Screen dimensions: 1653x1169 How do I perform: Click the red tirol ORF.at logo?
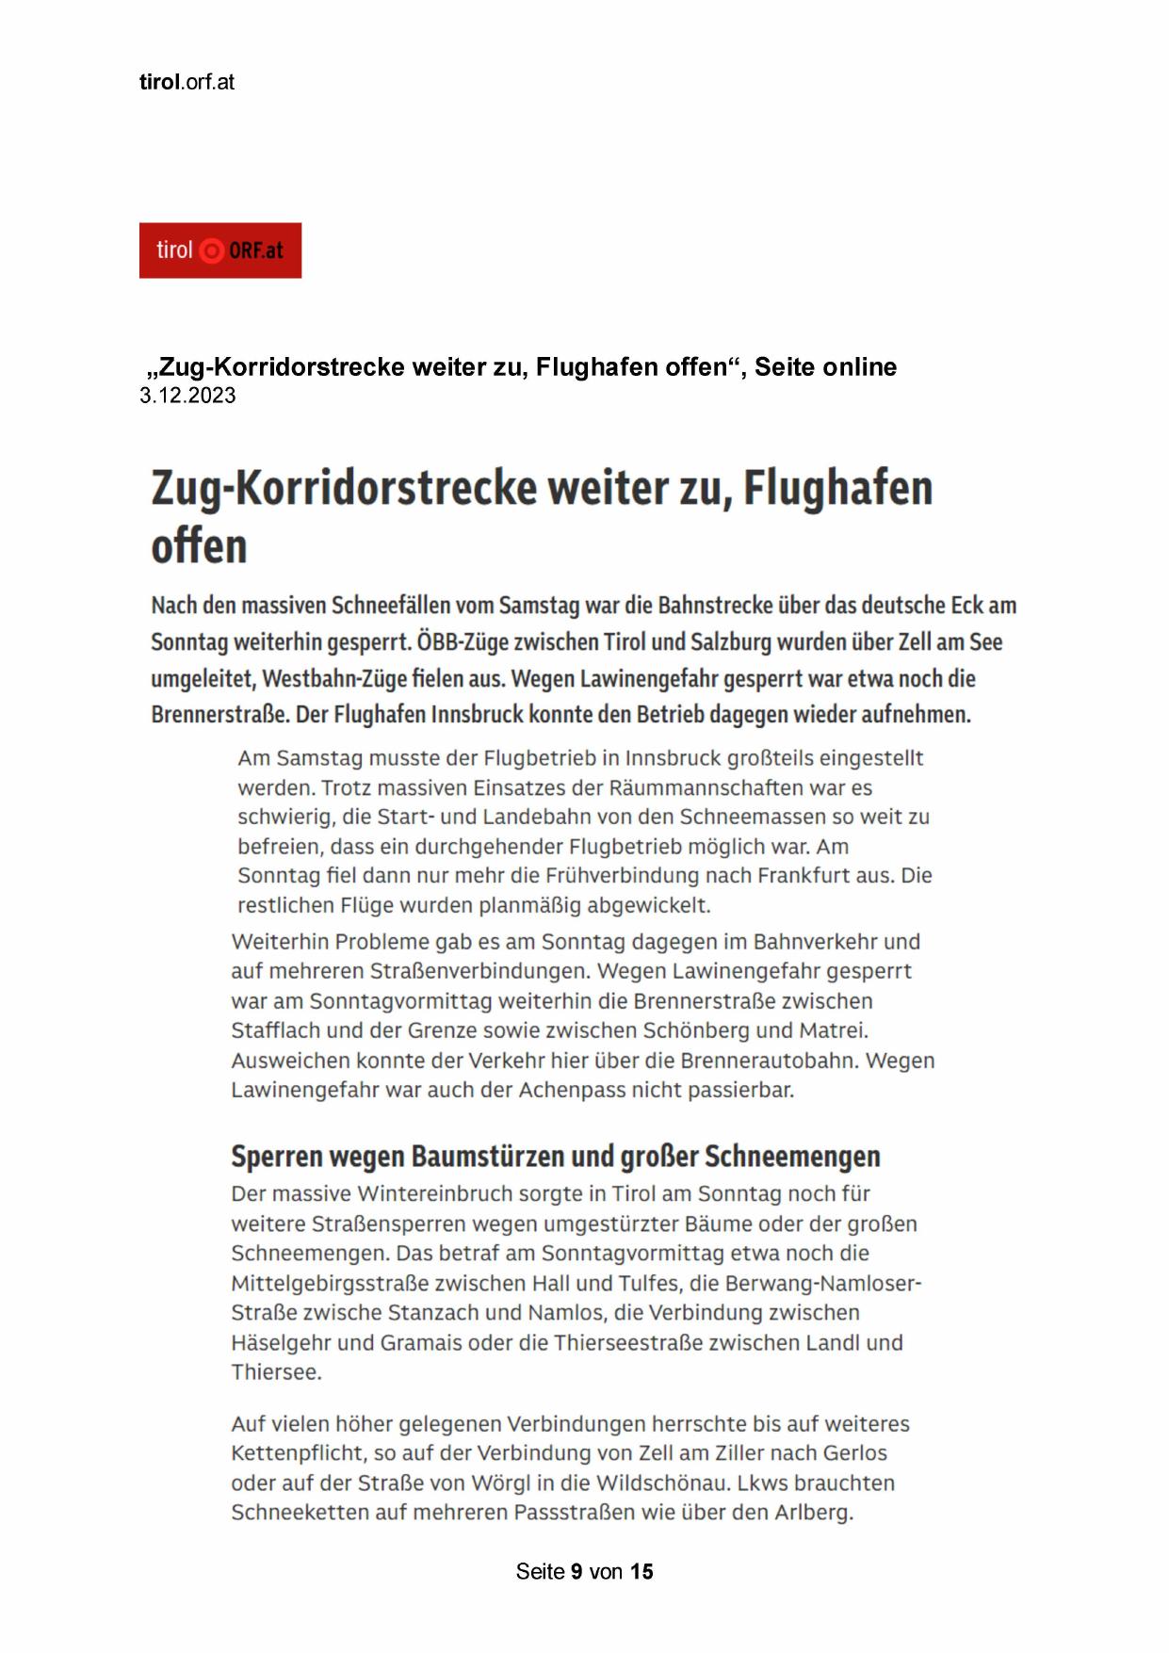pos(219,251)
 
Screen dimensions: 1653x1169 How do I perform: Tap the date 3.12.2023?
pos(187,396)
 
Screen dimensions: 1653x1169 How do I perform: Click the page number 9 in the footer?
pos(576,1571)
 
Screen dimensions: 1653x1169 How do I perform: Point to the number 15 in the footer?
pos(641,1571)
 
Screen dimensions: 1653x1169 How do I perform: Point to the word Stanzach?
pos(422,1312)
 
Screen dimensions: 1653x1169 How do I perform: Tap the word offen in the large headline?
pos(199,545)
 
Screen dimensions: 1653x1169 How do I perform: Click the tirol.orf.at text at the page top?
pos(187,82)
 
